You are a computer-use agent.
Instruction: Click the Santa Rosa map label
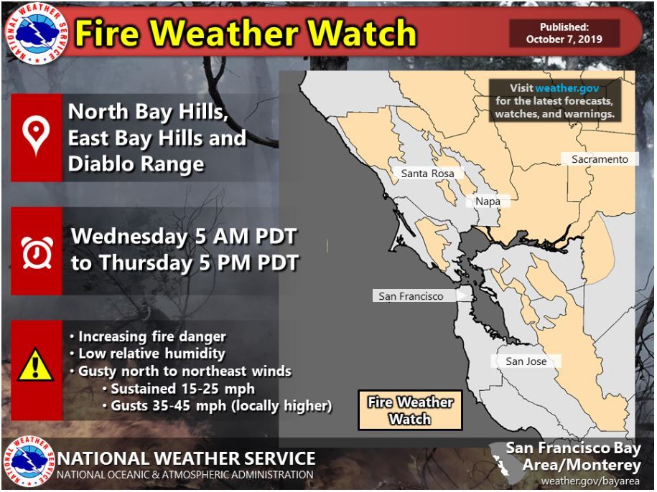coord(428,173)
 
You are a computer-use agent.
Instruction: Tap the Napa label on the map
coord(488,202)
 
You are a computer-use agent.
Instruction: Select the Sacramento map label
coord(600,159)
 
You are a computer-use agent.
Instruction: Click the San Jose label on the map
coord(526,361)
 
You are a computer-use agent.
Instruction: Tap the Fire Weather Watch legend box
coord(409,410)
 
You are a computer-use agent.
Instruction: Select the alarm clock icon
coord(36,251)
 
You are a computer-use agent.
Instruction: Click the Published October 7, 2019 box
coord(564,32)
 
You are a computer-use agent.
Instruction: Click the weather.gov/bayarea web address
coord(590,480)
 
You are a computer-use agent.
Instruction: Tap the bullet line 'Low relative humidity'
coord(152,354)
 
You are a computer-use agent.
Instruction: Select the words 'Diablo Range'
coord(136,164)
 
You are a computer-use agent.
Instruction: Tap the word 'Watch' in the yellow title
coord(363,32)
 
